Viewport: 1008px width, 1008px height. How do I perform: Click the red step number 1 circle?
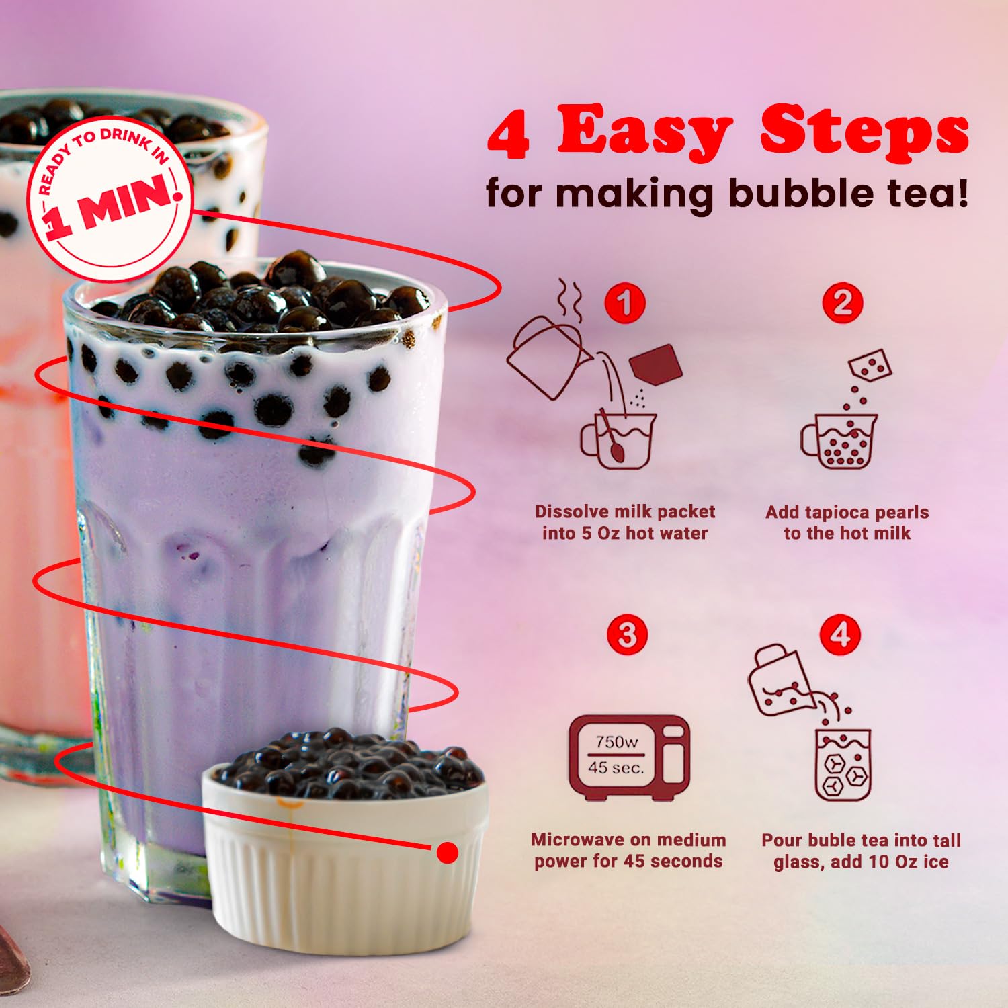click(x=625, y=303)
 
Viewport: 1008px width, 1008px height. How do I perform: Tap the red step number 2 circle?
click(x=843, y=303)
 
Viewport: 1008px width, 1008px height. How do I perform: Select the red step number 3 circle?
click(x=627, y=634)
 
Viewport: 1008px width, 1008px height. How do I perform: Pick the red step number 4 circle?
click(x=840, y=634)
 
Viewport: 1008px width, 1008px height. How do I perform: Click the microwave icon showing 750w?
click(x=629, y=758)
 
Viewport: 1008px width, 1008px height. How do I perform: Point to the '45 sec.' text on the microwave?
click(x=616, y=767)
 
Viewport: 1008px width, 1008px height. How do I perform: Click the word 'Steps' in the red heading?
click(x=864, y=132)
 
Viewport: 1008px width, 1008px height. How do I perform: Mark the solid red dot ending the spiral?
click(x=447, y=853)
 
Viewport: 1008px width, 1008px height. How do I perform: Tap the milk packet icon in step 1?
click(x=656, y=365)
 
